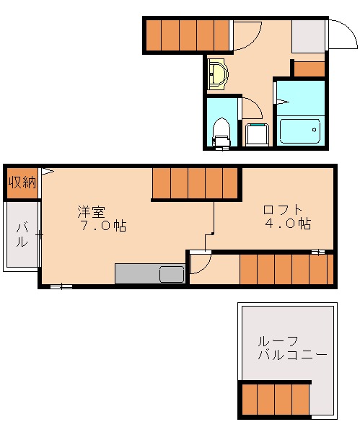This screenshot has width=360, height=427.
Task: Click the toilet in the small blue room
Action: click(221, 131)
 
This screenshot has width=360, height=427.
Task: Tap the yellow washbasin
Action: click(217, 73)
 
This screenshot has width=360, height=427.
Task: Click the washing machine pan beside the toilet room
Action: click(257, 134)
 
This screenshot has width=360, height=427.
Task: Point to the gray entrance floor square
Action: click(308, 35)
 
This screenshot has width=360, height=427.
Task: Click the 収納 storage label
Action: click(22, 182)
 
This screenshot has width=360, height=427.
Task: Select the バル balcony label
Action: click(22, 235)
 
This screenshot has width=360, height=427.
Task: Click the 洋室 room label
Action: click(92, 212)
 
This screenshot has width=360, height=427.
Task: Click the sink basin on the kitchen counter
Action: click(172, 274)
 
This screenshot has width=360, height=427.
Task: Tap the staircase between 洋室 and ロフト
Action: click(195, 183)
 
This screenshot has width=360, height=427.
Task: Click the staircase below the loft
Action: click(286, 270)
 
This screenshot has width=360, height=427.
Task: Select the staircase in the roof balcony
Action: click(274, 400)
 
